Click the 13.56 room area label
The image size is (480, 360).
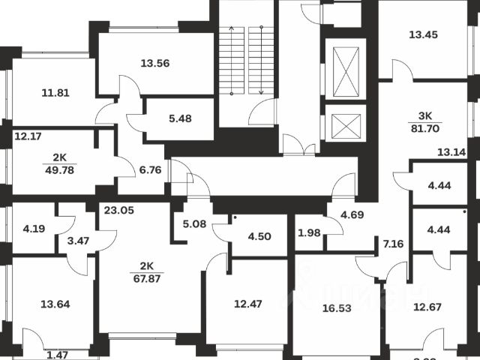click(154, 64)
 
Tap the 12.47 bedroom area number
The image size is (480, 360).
click(249, 304)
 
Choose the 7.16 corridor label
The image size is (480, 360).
click(392, 244)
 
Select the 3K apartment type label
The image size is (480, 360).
click(424, 116)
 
